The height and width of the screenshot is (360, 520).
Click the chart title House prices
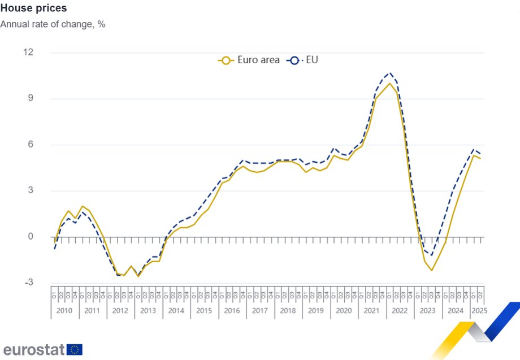pos(33,8)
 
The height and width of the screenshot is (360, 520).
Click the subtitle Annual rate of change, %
pos(53,24)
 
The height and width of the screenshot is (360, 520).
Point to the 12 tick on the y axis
pos(28,53)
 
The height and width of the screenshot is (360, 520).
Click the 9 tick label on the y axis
pos(31,98)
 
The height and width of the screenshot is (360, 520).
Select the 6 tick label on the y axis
pos(31,145)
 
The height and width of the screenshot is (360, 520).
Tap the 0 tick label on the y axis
pos(31,237)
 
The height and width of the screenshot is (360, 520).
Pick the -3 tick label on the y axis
pos(28,283)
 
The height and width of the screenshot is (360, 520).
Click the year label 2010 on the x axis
pos(64,311)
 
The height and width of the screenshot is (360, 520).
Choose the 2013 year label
pos(148,311)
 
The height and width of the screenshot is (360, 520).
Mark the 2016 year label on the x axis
pos(232,311)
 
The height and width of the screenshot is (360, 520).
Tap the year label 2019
pos(315,311)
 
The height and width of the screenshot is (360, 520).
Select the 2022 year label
pos(399,311)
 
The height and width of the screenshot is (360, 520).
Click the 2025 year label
pos(479,311)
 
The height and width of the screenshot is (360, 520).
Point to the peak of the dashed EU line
pos(389,73)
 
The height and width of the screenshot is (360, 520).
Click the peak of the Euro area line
pos(389,84)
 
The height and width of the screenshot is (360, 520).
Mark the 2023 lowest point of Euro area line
pos(431,270)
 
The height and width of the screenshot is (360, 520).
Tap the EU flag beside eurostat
pos(75,349)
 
